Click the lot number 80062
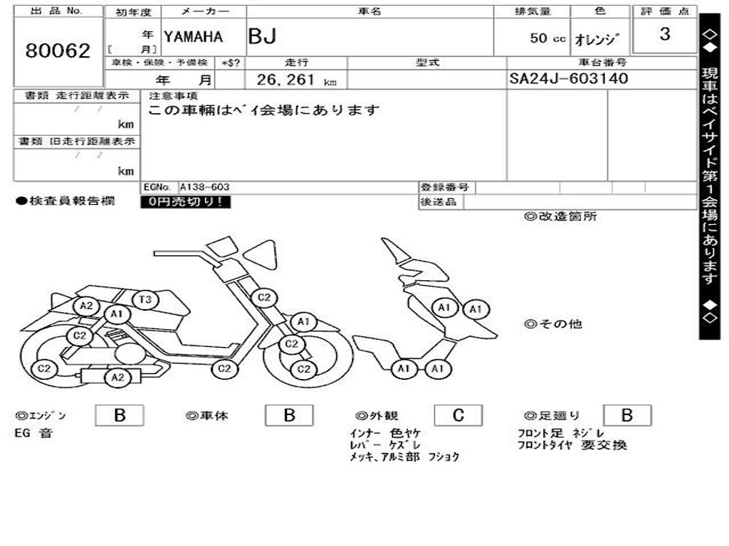[x=58, y=51]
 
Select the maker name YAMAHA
[x=193, y=37]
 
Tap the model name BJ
[x=262, y=37]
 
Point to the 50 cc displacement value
[x=547, y=38]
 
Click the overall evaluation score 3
[x=664, y=34]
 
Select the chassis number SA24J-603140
[x=569, y=78]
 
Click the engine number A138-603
[x=204, y=187]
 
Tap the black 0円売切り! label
[x=185, y=202]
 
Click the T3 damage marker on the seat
[x=145, y=300]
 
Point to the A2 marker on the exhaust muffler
[x=117, y=378]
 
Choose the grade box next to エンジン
[x=119, y=416]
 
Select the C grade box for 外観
[x=458, y=416]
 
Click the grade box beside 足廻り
[x=626, y=416]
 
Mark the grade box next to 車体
[x=288, y=416]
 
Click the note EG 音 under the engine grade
[x=33, y=433]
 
